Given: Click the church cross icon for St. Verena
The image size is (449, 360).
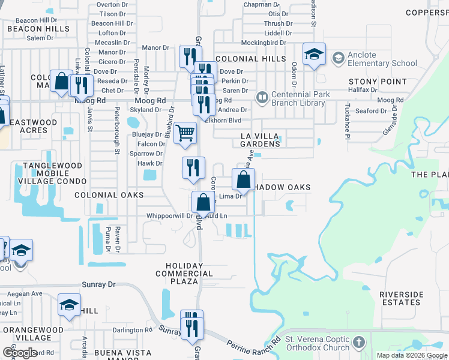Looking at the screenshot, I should pyautogui.click(x=358, y=342).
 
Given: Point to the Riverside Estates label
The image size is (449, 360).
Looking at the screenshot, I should pyautogui.click(x=402, y=298).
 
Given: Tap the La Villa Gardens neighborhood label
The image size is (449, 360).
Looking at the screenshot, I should pyautogui.click(x=260, y=140).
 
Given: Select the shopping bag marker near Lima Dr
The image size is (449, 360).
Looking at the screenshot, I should pyautogui.click(x=243, y=179).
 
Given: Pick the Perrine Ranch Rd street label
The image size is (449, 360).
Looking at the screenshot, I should pyautogui.click(x=253, y=345).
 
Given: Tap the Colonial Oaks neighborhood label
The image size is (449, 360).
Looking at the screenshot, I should pyautogui.click(x=109, y=195).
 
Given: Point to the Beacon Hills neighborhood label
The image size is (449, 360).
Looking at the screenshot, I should pyautogui.click(x=38, y=29).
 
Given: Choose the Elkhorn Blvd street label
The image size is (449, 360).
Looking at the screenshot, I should pyautogui.click(x=226, y=119).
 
